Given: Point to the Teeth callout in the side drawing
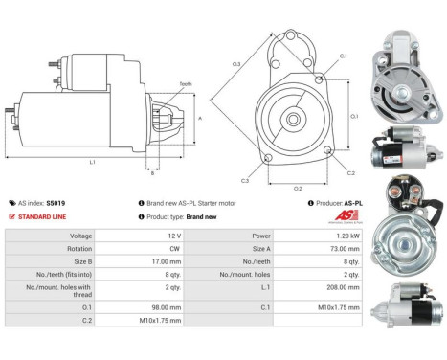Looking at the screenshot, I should [x=186, y=84].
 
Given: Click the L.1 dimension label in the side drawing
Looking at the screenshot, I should [x=92, y=162].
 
